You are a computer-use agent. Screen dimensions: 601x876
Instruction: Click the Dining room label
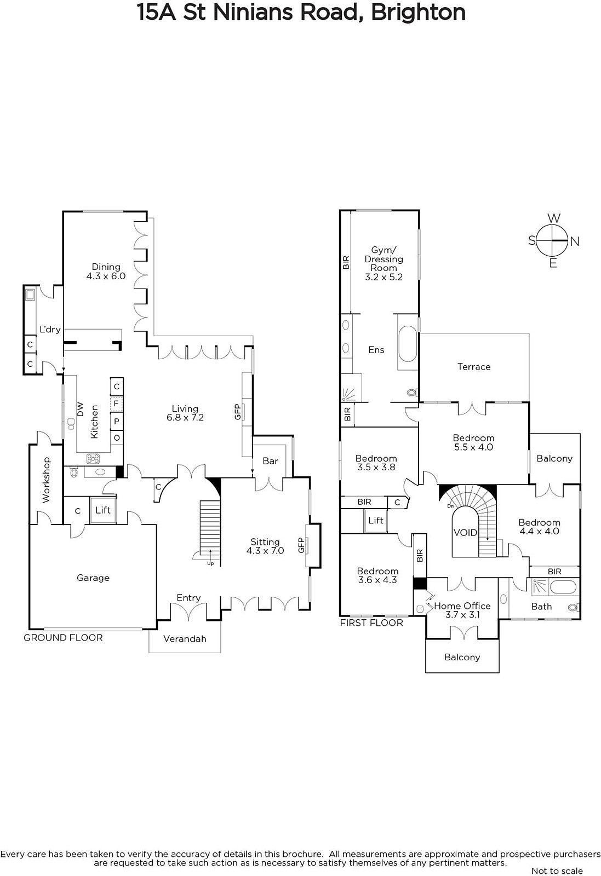(106, 272)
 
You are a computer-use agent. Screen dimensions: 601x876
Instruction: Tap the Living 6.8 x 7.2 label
(185, 413)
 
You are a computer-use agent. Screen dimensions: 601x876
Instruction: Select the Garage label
(93, 578)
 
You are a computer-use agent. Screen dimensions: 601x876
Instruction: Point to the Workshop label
(46, 480)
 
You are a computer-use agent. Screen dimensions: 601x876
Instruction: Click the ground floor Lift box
(103, 510)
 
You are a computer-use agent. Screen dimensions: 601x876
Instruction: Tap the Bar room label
(271, 461)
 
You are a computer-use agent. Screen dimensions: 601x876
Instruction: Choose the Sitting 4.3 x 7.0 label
(265, 546)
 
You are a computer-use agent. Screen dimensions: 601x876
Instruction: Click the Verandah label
(185, 638)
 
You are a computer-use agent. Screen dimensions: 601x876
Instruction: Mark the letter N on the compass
(574, 241)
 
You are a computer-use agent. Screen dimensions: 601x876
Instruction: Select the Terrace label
(474, 367)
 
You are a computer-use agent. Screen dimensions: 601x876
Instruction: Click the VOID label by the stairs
(465, 533)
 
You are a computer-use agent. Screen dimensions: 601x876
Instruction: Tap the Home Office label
(462, 610)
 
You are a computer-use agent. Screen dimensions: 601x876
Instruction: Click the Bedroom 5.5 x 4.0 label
(473, 443)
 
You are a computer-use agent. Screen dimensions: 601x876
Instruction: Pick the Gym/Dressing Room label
(384, 263)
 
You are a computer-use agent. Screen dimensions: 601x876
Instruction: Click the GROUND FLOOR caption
(63, 638)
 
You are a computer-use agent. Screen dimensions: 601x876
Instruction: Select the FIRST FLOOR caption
(371, 623)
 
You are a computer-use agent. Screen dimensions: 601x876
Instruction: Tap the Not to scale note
(557, 871)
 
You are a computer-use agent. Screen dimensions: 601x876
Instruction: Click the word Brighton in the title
(418, 12)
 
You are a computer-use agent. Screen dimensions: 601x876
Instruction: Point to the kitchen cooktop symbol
(93, 458)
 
